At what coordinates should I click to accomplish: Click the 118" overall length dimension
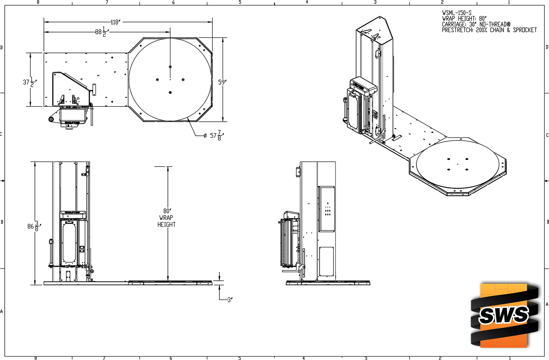115,22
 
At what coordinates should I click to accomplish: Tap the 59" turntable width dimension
222,82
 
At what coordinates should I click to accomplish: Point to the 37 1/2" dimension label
30,82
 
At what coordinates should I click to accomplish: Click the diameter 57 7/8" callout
214,135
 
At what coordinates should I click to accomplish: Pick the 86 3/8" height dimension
34,226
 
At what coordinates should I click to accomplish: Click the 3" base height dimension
230,300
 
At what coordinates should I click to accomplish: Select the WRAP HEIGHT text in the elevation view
166,221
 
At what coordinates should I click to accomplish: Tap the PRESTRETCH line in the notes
489,30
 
